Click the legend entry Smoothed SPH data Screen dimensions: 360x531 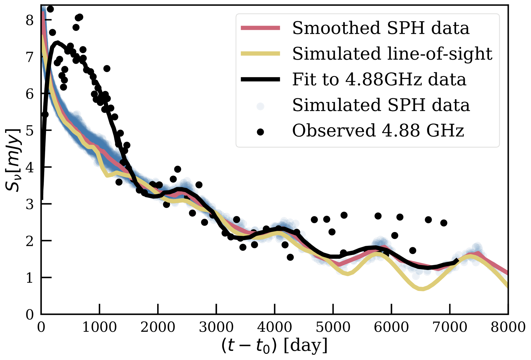pos(381,28)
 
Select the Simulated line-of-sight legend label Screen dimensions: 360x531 pos(392,54)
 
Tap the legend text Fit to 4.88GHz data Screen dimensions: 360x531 pos(379,79)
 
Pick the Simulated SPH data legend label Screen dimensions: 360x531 pos(381,105)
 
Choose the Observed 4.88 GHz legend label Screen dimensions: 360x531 pos(378,131)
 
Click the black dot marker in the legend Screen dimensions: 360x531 pos(260,132)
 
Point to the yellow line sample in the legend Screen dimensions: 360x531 pos(260,54)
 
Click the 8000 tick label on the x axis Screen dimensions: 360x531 pos(508,327)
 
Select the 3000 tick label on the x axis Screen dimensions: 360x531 pos(216,327)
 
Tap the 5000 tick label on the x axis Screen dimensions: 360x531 pos(333,327)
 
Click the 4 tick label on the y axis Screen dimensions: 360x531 pos(30,167)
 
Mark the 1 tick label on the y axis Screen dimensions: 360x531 pos(30,278)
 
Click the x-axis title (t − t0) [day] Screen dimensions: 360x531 pos(274,346)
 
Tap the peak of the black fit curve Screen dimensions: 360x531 pos(57,42)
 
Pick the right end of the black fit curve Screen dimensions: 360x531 pos(457,260)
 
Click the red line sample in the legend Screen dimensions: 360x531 pos(260,28)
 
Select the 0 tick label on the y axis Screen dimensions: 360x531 pos(30,315)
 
